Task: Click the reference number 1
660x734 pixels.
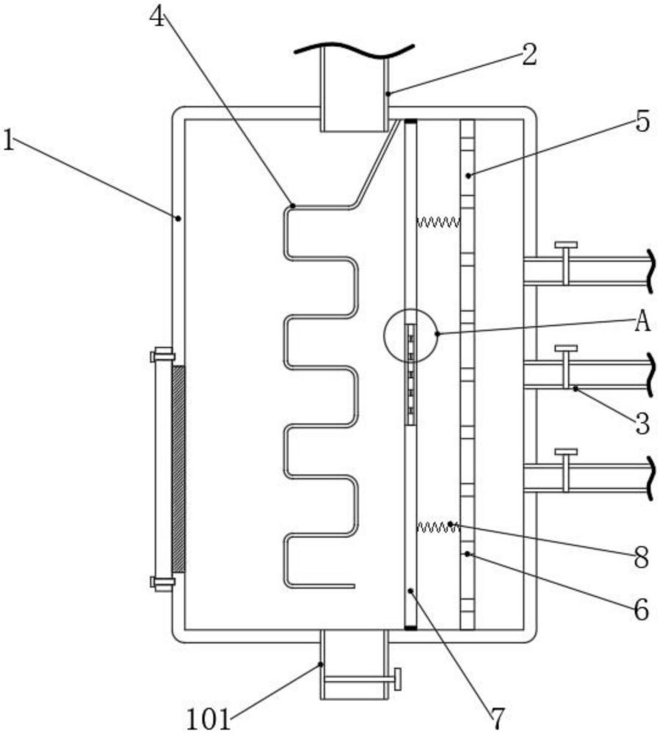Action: click(8, 140)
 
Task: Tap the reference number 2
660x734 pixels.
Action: click(529, 55)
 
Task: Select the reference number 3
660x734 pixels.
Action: click(642, 424)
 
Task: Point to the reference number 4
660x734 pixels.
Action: click(158, 17)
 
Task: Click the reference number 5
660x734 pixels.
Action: click(642, 122)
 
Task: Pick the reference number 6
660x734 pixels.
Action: click(641, 609)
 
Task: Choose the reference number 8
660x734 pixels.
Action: click(641, 558)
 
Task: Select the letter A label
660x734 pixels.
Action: click(642, 322)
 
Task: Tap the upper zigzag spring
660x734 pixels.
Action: click(438, 222)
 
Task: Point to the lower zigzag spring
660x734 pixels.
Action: click(438, 528)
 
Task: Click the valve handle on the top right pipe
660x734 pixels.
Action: click(566, 245)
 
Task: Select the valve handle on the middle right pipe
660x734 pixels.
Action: click(566, 348)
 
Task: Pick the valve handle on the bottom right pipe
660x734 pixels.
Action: click(566, 451)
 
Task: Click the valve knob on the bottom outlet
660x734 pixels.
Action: click(397, 679)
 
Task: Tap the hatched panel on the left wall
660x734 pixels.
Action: click(178, 468)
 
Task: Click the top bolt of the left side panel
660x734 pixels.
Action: click(162, 355)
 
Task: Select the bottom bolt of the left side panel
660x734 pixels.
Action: click(162, 583)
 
